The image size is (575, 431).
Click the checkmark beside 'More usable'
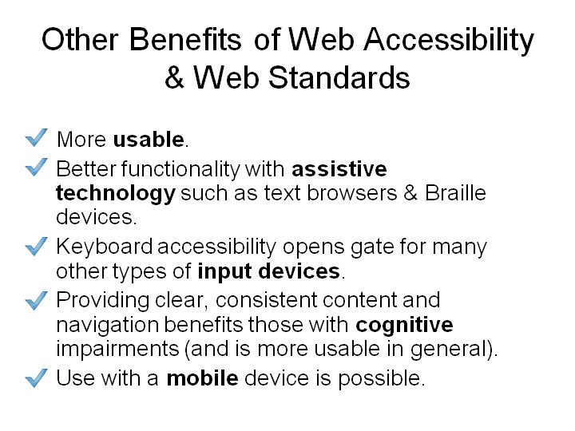(36, 137)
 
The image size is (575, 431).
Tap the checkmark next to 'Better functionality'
(36, 167)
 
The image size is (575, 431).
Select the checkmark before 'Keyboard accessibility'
(36, 246)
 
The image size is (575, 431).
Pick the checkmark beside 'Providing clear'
(36, 300)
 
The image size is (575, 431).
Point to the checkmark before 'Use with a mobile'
(36, 378)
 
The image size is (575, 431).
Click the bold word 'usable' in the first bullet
(149, 139)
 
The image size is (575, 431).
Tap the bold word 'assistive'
(339, 169)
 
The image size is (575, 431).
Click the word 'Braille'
(455, 193)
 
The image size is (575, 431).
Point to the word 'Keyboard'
(104, 247)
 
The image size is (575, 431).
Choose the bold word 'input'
(224, 272)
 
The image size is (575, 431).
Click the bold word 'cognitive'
(404, 326)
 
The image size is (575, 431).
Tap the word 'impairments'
(117, 350)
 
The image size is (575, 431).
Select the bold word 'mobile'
(202, 378)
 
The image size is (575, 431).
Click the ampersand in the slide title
(174, 77)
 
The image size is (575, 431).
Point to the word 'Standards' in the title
(339, 77)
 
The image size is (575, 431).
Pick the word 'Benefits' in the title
(185, 39)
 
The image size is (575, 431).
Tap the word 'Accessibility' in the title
(449, 41)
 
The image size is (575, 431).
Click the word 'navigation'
(108, 326)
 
